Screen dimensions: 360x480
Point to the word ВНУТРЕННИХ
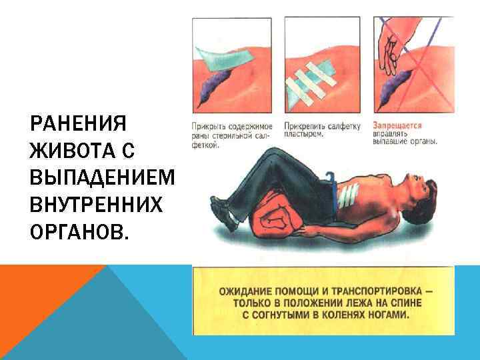tap(96, 204)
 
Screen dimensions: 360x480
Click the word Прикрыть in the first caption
tap(207, 125)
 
